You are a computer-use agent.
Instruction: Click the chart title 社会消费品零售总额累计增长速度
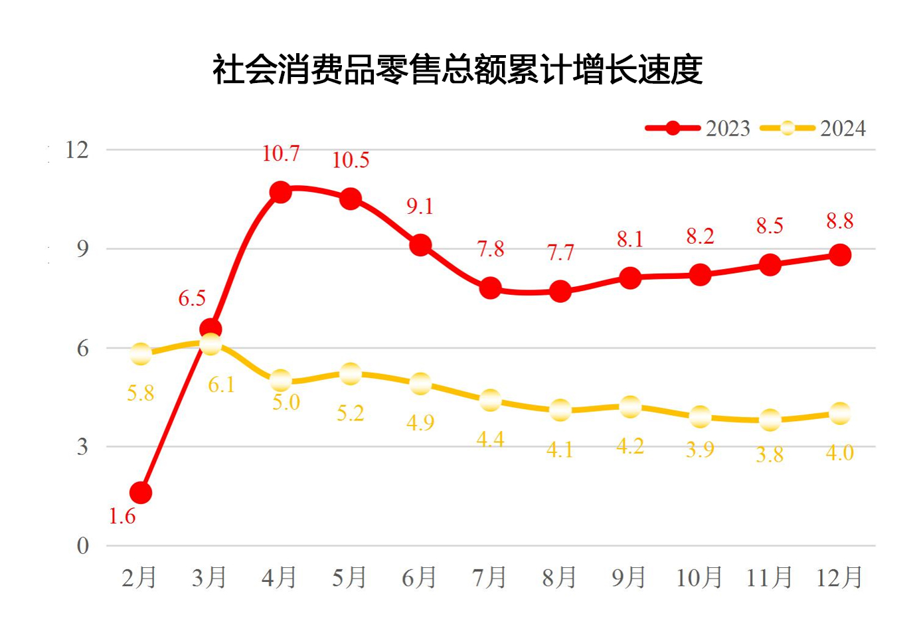click(x=458, y=69)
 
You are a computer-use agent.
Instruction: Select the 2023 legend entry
click(x=697, y=128)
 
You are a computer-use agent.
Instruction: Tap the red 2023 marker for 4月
click(x=280, y=193)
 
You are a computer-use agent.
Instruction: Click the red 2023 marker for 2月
click(x=141, y=493)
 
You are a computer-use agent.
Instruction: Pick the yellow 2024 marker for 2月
click(x=141, y=354)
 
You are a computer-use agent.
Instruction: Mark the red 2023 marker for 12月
click(x=840, y=255)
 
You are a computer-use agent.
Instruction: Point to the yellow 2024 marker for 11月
click(x=770, y=420)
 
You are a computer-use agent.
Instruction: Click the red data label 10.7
click(x=280, y=153)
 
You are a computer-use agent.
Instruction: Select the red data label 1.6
click(x=122, y=516)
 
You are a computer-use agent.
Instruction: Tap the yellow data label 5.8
click(x=141, y=393)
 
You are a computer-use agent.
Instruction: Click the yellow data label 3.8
click(x=770, y=455)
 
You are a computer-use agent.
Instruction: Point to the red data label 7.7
click(x=560, y=252)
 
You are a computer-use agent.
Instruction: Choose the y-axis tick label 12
click(x=77, y=150)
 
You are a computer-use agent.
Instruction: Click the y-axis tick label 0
click(x=82, y=546)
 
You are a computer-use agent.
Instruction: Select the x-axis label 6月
click(x=419, y=578)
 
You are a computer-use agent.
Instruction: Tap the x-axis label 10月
click(x=699, y=578)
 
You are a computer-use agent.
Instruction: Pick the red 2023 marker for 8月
click(x=560, y=291)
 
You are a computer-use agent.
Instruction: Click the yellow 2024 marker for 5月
click(x=350, y=374)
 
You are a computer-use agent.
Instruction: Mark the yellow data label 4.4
click(x=490, y=439)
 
